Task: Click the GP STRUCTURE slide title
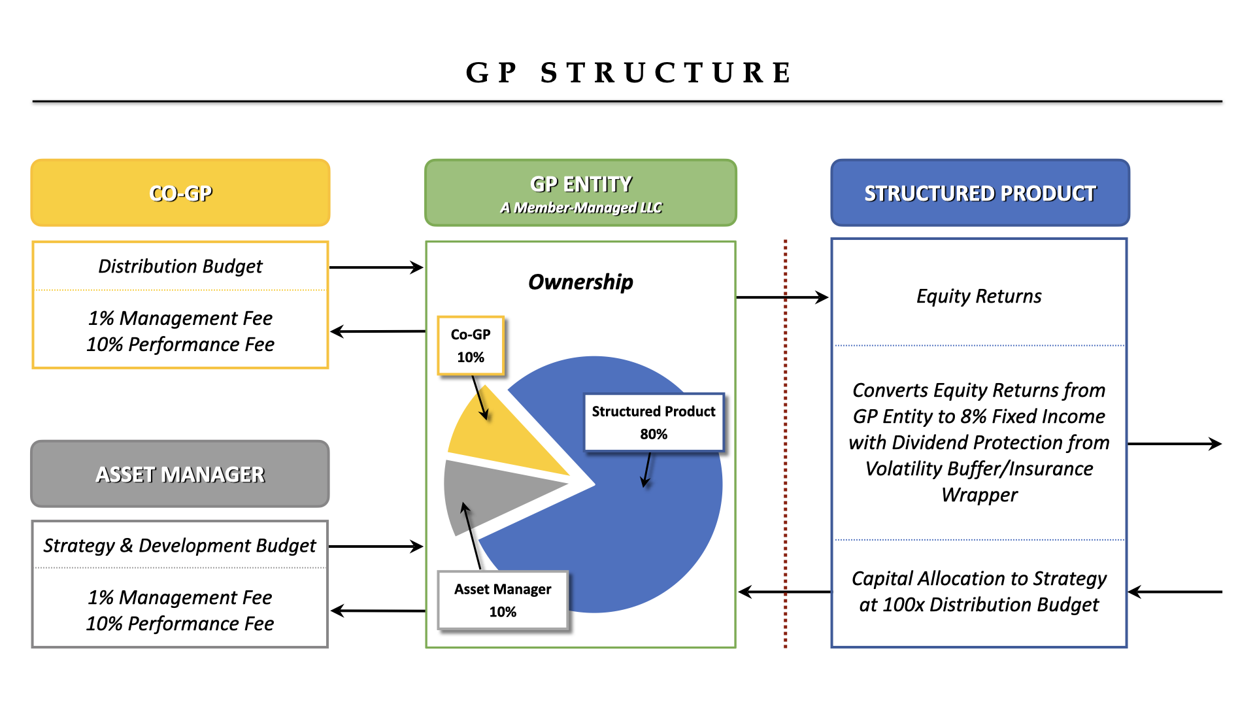coord(629,73)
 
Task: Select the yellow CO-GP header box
coord(180,193)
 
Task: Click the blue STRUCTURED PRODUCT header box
coord(979,193)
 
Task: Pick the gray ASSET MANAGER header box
coord(180,474)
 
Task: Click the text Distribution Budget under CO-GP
coord(180,267)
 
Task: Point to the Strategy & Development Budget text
coord(180,545)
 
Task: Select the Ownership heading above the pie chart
coord(580,282)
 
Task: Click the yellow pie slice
coord(503,438)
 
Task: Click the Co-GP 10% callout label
coord(471,346)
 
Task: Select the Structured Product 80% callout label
coord(654,422)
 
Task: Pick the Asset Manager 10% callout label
coord(503,600)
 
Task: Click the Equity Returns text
coord(979,296)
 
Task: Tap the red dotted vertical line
coord(785,392)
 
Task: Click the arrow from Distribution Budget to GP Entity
coord(376,267)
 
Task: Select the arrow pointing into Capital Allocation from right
coord(1175,592)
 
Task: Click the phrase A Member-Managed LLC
coord(580,208)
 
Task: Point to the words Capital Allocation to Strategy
coord(979,579)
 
